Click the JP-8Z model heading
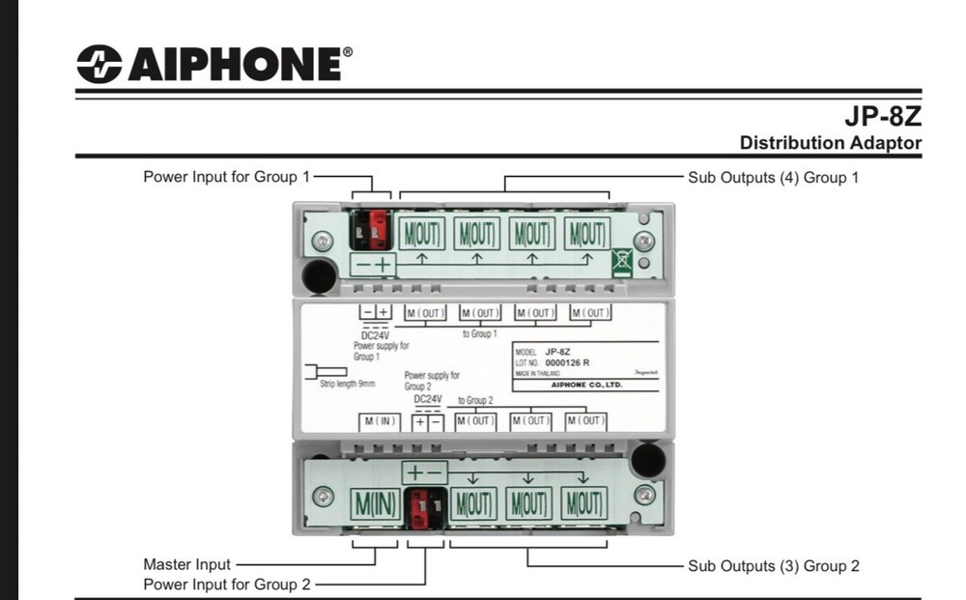(x=883, y=118)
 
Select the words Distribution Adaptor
(x=830, y=143)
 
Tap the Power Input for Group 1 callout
(x=227, y=177)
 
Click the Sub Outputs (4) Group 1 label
(x=773, y=178)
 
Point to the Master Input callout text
(x=187, y=564)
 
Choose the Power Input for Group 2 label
(x=227, y=585)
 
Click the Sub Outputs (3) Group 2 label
(x=773, y=565)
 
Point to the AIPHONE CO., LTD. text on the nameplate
(x=586, y=385)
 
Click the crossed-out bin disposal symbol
(x=622, y=261)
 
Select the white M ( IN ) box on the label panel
(x=380, y=421)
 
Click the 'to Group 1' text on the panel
(x=479, y=332)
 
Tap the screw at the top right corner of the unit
(x=642, y=241)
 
